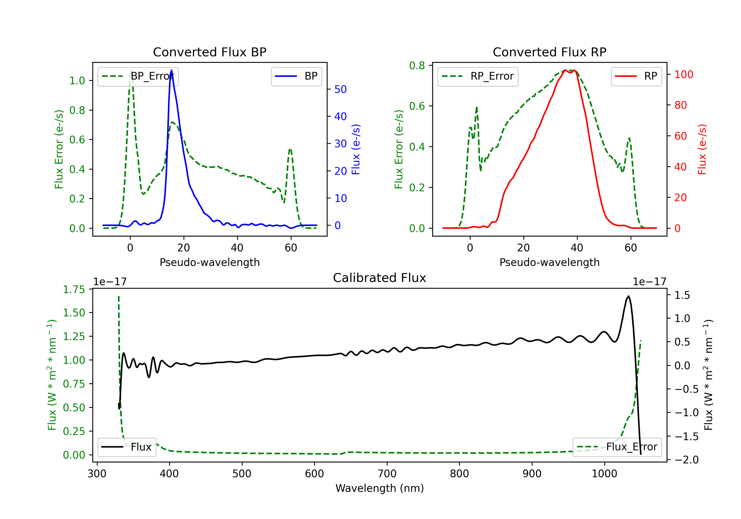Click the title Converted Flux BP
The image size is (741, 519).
209,52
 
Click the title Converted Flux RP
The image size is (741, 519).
549,52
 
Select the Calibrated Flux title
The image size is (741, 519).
380,278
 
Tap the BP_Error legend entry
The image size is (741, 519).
138,76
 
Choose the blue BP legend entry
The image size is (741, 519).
296,76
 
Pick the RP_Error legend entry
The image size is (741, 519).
478,76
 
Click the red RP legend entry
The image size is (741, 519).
636,76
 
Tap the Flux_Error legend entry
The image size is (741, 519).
617,447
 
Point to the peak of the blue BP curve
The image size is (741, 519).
171,70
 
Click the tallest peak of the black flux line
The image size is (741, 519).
628,296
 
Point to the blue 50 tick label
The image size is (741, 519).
340,89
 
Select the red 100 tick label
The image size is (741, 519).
683,75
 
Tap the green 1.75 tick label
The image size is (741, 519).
74,289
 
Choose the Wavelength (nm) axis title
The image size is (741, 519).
380,488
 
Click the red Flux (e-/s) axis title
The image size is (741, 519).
702,149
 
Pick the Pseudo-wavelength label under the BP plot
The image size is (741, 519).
209,262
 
